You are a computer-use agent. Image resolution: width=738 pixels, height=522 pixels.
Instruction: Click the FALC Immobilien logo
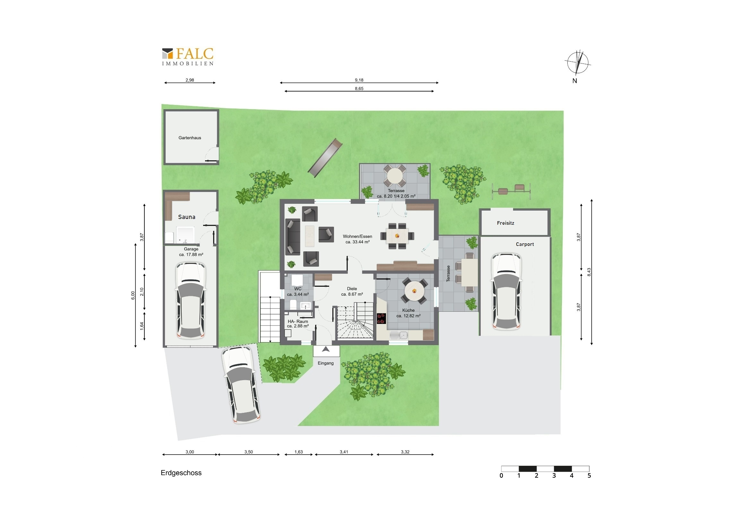[188, 57]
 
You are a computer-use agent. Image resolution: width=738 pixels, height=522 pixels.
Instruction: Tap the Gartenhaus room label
[190, 138]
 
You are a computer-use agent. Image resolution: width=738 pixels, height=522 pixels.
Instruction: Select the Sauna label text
[187, 217]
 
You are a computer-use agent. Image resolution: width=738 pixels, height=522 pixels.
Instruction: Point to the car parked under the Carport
[506, 291]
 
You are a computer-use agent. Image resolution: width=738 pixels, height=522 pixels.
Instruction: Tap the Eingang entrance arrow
[326, 349]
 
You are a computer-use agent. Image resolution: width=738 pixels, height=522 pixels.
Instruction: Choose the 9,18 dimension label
[359, 80]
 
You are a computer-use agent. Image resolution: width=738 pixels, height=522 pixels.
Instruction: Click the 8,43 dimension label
[589, 272]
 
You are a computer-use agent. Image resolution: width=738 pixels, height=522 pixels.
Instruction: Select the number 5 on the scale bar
[589, 475]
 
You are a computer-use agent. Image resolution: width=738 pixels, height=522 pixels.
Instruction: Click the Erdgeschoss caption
[181, 473]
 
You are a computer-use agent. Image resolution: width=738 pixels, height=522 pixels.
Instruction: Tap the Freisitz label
[506, 223]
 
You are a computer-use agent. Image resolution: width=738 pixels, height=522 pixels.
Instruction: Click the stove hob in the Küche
[381, 318]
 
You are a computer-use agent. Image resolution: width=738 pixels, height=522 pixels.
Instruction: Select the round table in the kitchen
[414, 291]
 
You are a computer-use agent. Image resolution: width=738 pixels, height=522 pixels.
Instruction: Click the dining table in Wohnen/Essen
[397, 236]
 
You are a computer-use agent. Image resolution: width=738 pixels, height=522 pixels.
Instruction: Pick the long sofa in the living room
[293, 237]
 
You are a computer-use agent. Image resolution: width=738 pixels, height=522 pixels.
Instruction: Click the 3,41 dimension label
[344, 452]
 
